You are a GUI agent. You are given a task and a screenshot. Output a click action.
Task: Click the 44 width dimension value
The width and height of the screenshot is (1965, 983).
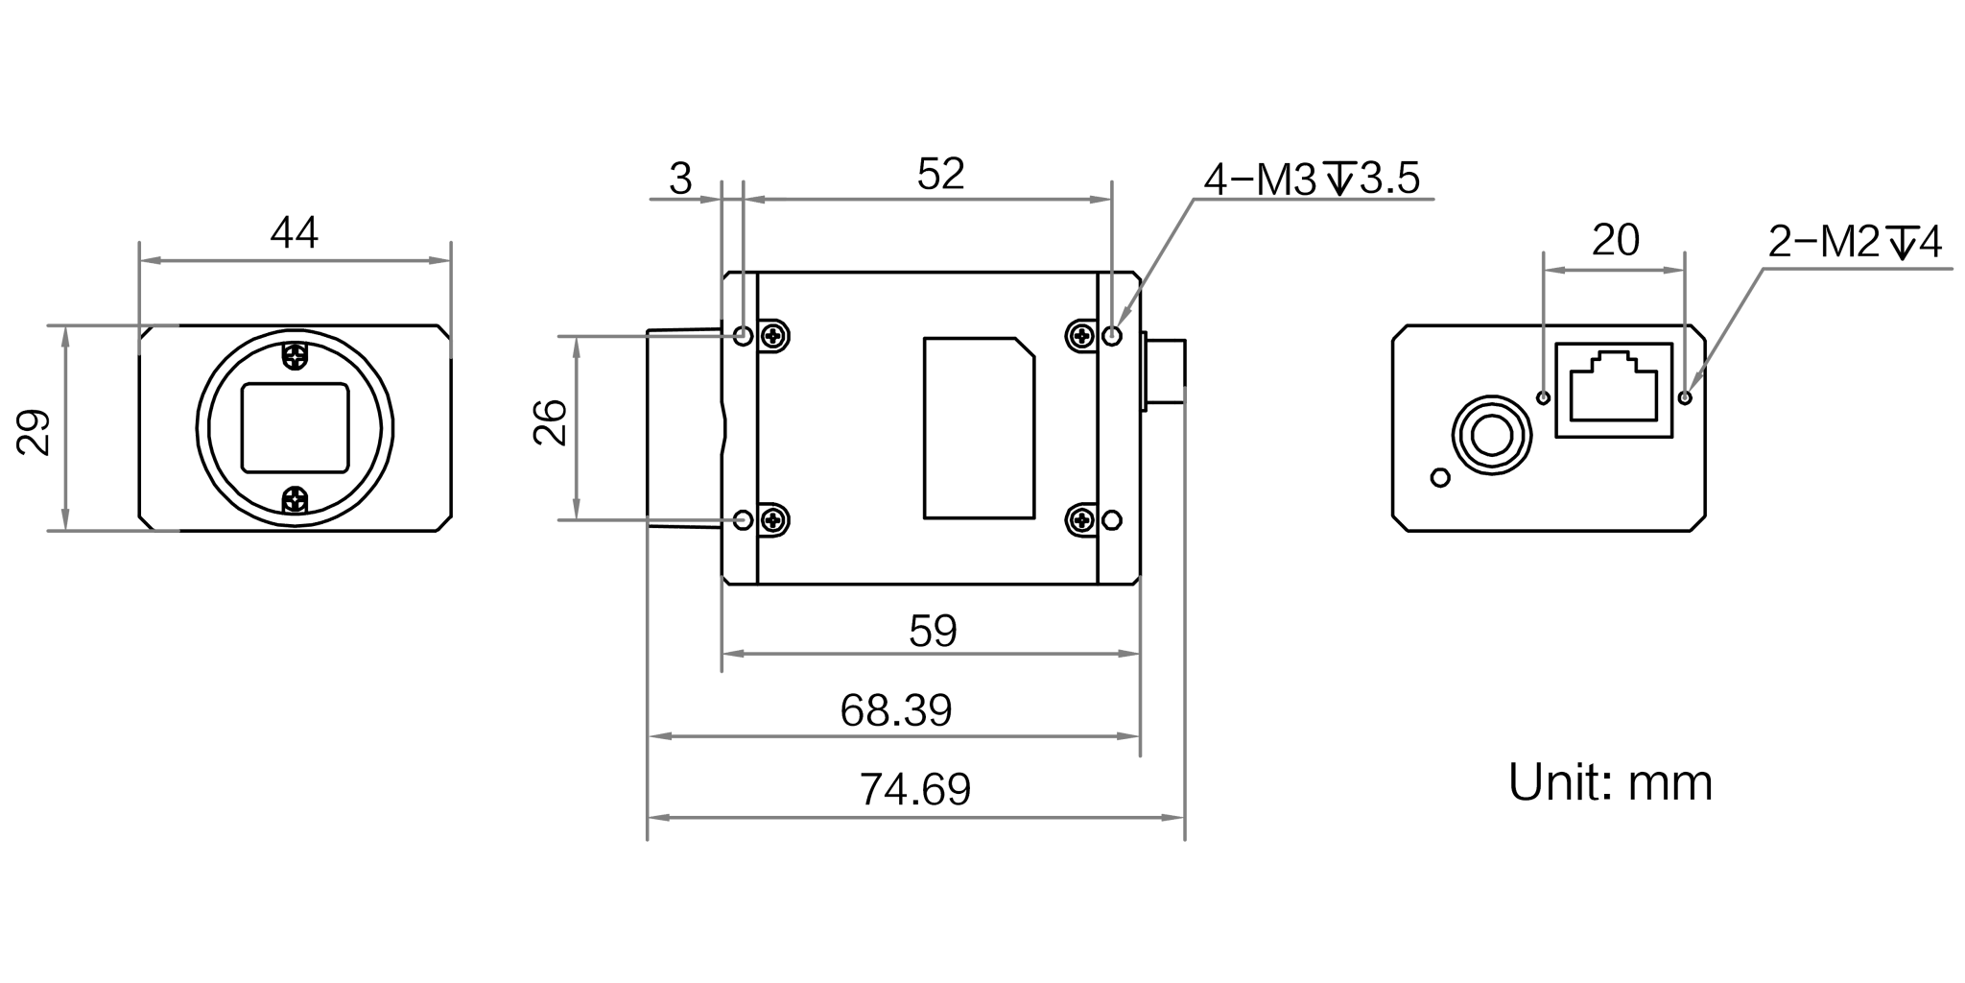click(x=294, y=233)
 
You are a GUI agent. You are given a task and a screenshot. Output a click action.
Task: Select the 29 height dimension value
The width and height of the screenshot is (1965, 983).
click(x=36, y=432)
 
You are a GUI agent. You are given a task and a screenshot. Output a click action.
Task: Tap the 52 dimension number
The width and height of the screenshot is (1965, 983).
click(x=939, y=175)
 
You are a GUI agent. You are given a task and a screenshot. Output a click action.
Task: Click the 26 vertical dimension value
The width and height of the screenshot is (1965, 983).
click(x=550, y=422)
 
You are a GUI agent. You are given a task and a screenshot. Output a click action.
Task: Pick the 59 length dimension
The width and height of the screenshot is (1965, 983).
click(x=932, y=631)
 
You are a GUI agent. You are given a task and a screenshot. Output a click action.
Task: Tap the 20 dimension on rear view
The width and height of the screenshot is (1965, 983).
click(x=1615, y=242)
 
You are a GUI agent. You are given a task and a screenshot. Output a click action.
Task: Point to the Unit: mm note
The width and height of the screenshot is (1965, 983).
click(x=1610, y=783)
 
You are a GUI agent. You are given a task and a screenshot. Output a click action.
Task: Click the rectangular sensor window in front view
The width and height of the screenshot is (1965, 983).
click(x=295, y=427)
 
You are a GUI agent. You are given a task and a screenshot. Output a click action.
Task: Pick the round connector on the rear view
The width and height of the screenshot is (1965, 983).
click(x=1490, y=438)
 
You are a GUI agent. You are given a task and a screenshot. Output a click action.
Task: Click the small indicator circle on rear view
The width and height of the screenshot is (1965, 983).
click(x=1438, y=477)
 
